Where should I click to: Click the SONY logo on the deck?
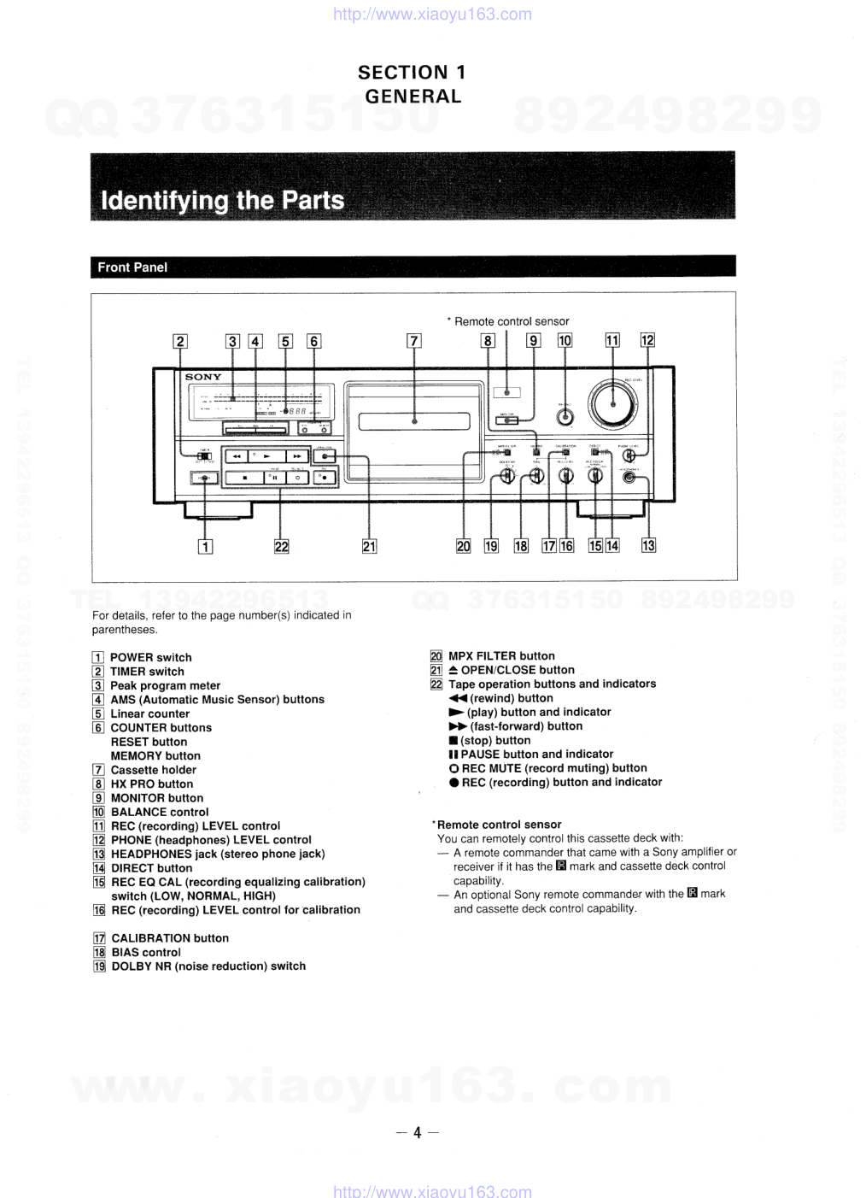(x=203, y=377)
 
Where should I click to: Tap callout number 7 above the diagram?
(x=414, y=342)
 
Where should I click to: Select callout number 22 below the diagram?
(x=281, y=547)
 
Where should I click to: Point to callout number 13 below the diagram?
(x=648, y=545)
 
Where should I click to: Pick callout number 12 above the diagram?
(x=647, y=340)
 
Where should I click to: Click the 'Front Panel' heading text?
(x=132, y=267)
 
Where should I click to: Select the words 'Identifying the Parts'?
(x=222, y=201)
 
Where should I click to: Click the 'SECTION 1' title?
(x=412, y=73)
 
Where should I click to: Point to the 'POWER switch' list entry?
(x=150, y=657)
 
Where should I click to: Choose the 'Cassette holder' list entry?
(x=153, y=770)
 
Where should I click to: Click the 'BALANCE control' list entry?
(x=159, y=812)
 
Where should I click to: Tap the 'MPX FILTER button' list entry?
(x=501, y=656)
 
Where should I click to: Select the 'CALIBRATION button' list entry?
(x=169, y=938)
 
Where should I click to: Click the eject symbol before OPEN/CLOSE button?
(x=453, y=670)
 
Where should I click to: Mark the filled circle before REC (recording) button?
(x=454, y=783)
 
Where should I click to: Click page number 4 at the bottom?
(x=418, y=1134)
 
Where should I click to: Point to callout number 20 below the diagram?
(x=463, y=546)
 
